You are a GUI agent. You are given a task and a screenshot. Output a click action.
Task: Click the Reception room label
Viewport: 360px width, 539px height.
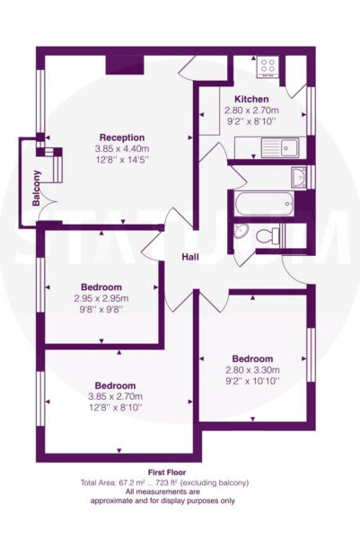122,137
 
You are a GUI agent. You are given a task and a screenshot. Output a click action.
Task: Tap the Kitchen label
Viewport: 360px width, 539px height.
251,100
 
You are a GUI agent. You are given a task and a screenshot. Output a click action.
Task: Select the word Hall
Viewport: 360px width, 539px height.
190,257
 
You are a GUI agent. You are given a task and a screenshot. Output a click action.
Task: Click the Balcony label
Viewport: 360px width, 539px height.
36,188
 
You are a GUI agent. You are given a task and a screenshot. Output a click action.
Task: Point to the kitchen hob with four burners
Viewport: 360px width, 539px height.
268,66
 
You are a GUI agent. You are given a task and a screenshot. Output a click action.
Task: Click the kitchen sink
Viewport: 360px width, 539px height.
279,147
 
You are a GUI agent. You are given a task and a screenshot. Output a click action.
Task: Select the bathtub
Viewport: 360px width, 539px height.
264,204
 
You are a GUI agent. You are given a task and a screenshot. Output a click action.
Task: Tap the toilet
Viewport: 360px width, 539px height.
268,235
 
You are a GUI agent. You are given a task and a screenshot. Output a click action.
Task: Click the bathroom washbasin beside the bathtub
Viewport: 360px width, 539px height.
299,177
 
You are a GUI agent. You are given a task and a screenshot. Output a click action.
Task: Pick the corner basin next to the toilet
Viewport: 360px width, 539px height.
241,231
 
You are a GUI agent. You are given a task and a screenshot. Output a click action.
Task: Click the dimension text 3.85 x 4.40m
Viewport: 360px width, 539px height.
122,149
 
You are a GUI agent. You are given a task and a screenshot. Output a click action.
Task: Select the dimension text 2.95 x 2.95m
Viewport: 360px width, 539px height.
101,298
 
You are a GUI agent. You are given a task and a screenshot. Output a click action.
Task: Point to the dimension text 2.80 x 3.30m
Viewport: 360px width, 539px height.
252,370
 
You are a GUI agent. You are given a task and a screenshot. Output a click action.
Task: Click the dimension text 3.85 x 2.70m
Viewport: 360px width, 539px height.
116,396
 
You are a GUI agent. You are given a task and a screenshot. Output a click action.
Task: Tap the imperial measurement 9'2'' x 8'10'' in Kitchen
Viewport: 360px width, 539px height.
251,121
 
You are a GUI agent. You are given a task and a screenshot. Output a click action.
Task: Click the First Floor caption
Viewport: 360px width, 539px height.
167,473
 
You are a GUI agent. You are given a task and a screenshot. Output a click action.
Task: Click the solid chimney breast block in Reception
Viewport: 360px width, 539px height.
125,65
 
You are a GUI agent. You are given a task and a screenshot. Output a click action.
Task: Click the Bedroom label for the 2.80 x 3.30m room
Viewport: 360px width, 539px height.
252,358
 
